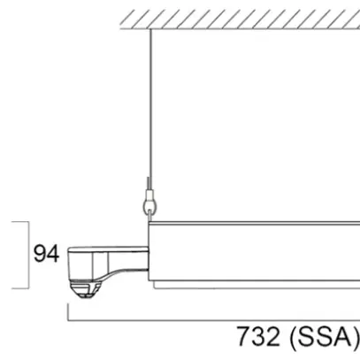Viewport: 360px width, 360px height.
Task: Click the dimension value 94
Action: (x=45, y=255)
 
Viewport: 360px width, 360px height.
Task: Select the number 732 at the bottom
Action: (x=260, y=338)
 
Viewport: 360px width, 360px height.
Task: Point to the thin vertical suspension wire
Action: (x=151, y=106)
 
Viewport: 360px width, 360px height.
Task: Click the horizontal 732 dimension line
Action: (x=212, y=318)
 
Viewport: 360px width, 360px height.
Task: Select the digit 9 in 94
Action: (x=39, y=255)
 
